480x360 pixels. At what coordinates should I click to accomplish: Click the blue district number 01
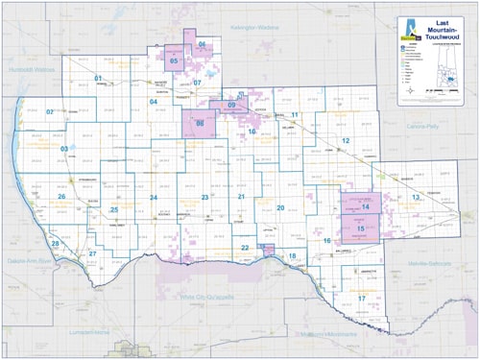pyautogui.click(x=98, y=77)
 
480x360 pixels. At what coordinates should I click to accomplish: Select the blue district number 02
pyautogui.click(x=50, y=111)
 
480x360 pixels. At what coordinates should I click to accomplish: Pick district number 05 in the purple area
pyautogui.click(x=174, y=61)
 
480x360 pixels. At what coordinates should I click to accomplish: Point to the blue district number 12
pyautogui.click(x=344, y=140)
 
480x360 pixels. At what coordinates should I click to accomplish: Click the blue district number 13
pyautogui.click(x=416, y=197)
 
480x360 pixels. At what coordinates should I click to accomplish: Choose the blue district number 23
pyautogui.click(x=204, y=197)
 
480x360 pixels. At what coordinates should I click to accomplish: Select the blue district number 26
pyautogui.click(x=60, y=197)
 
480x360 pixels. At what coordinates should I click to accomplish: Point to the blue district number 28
pyautogui.click(x=56, y=244)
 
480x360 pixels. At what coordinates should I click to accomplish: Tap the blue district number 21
pyautogui.click(x=242, y=197)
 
